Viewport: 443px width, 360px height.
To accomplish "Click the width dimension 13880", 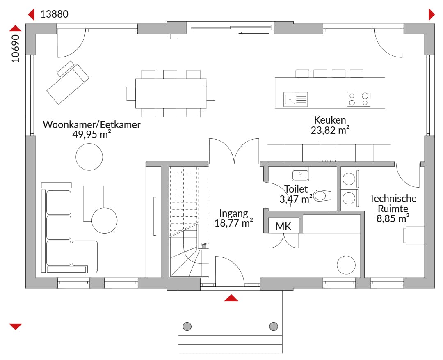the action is click(54, 14).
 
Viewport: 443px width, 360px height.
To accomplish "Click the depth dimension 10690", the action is click(16, 48).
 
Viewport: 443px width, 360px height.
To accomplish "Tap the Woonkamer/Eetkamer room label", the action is click(91, 124).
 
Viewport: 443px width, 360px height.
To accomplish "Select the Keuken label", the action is click(330, 120).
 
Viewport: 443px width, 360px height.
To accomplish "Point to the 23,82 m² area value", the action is click(330, 131).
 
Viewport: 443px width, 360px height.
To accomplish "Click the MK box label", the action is click(283, 226).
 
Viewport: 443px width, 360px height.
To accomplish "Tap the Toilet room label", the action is click(296, 189).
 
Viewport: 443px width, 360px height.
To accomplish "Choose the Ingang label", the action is click(234, 213).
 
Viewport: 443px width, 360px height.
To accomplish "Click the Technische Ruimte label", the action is click(393, 204).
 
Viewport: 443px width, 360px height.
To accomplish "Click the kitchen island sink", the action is click(295, 99).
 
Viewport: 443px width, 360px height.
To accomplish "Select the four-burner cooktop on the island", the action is click(359, 99).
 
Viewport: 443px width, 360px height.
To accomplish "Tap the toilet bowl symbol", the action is click(322, 195).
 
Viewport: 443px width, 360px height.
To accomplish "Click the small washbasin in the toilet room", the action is click(300, 174).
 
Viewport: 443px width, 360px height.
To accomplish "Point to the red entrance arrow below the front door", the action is click(231, 298).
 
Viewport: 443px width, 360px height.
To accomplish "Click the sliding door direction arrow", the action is click(254, 33).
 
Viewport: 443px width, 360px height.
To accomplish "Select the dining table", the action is click(171, 94).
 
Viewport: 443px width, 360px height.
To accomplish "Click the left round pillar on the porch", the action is click(187, 326).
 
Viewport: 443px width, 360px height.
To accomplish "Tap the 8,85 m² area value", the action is click(393, 219).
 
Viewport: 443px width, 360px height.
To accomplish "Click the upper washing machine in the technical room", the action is click(349, 179).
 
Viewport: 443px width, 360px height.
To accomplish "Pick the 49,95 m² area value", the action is click(91, 135).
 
